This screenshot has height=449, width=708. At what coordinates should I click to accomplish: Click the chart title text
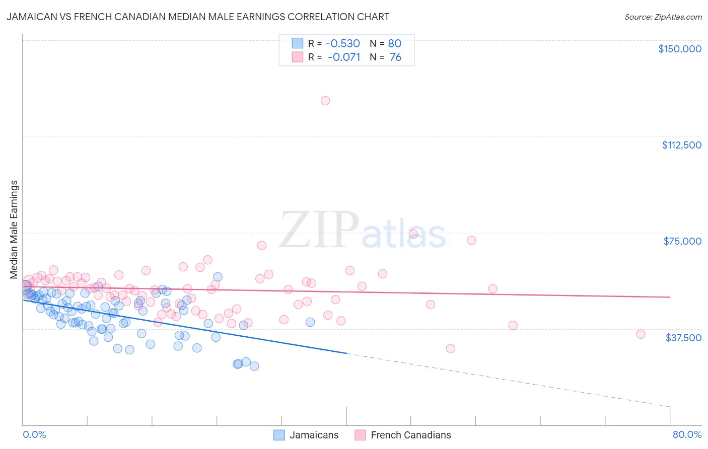(x=198, y=17)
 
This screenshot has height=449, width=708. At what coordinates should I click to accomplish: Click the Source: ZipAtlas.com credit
(x=663, y=17)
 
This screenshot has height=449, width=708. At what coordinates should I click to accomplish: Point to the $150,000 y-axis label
(x=679, y=49)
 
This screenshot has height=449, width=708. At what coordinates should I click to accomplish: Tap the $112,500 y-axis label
(x=681, y=145)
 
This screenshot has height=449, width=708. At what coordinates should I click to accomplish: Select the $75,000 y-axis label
(x=682, y=241)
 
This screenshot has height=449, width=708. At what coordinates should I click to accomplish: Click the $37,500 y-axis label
(x=683, y=338)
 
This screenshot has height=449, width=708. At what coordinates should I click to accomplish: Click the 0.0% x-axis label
(x=34, y=434)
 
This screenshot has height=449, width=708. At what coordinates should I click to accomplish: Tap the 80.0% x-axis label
(x=687, y=434)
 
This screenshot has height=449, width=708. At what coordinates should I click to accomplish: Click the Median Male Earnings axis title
(x=14, y=230)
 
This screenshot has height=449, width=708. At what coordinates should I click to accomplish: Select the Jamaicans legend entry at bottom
(x=306, y=435)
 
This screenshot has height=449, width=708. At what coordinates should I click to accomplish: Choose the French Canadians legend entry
(x=403, y=435)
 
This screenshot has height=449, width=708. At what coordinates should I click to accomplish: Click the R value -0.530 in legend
(x=343, y=43)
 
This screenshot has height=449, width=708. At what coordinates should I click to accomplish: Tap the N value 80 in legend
(x=395, y=43)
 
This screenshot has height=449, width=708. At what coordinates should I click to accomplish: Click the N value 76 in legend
(x=395, y=57)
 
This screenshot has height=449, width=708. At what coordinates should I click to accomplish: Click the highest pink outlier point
(x=325, y=101)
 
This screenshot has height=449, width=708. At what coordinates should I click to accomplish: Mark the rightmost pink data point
(x=641, y=334)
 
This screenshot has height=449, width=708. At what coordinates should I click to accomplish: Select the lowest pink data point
(x=451, y=349)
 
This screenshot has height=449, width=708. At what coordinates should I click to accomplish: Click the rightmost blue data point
(x=310, y=322)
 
